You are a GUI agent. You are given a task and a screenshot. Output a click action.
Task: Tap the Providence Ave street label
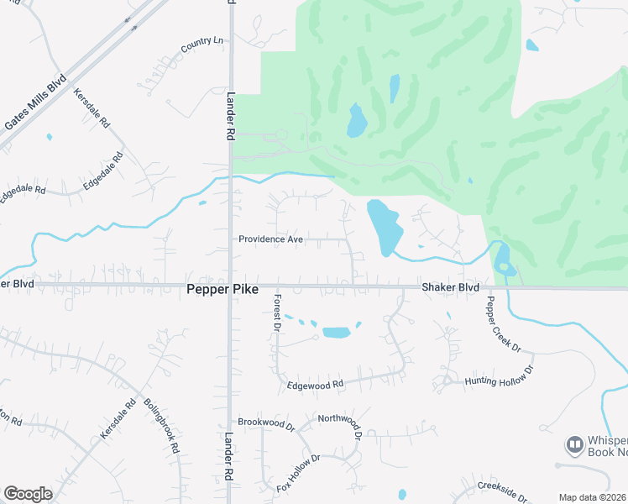coord(270,239)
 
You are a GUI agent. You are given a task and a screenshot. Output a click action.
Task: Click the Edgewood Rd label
coord(317,385)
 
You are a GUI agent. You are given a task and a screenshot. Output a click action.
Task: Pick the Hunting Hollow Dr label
coord(500,376)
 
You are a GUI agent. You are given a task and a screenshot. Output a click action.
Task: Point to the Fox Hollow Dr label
coord(301,473)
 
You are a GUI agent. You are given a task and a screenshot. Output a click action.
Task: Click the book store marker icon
coord(574,443)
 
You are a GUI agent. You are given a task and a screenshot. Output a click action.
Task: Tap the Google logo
coord(28,493)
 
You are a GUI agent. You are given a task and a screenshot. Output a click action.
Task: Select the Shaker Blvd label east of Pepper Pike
coord(450,287)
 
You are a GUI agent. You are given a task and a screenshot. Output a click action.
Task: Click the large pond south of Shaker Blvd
coord(336,332)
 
